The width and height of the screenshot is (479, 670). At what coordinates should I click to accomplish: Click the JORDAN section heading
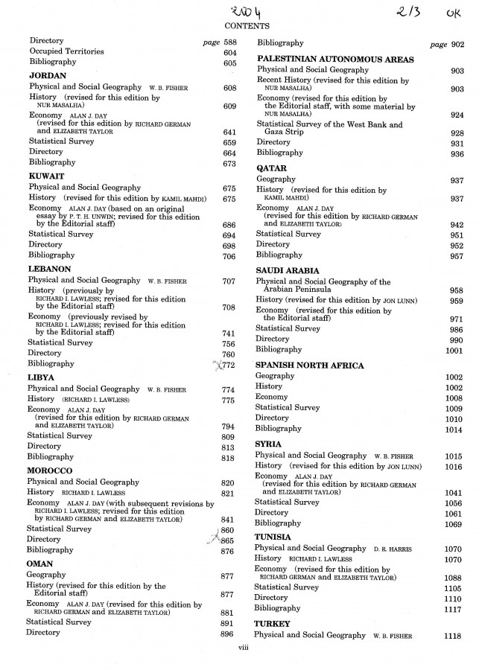pyautogui.click(x=48, y=76)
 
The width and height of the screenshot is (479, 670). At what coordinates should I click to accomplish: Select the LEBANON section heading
pyautogui.click(x=50, y=268)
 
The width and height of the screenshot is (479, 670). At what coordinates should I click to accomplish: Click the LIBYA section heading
pyautogui.click(x=41, y=377)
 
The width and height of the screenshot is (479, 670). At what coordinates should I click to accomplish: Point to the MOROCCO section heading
pyautogui.click(x=50, y=471)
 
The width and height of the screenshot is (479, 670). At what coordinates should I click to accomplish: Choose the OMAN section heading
pyautogui.click(x=40, y=564)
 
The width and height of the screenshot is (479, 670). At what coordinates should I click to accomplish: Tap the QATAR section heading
pyautogui.click(x=271, y=168)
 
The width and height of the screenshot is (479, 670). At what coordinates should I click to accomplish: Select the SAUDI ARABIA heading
pyautogui.click(x=288, y=270)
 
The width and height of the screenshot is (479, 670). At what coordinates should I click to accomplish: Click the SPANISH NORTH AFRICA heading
pyautogui.click(x=309, y=366)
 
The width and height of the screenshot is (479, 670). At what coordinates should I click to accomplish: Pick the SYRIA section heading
pyautogui.click(x=269, y=444)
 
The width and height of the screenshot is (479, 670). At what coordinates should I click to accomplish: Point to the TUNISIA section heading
pyautogui.click(x=273, y=537)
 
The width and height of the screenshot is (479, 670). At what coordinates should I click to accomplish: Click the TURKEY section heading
pyautogui.click(x=271, y=623)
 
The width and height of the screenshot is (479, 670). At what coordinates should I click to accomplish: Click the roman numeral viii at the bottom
pyautogui.click(x=241, y=649)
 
